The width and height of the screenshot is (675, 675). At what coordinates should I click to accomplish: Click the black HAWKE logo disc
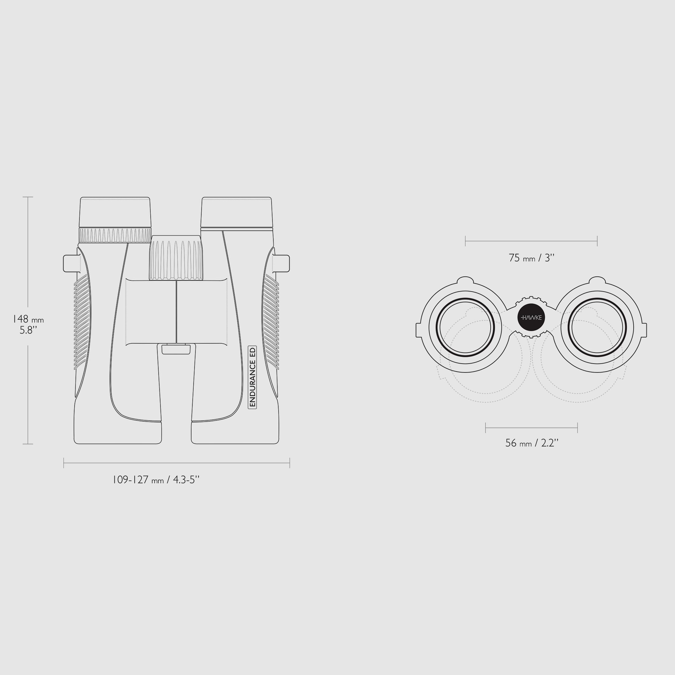point(531,318)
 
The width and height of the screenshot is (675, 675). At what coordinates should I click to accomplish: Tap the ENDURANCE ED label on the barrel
point(253,377)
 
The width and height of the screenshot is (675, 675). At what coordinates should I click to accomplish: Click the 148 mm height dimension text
point(28,325)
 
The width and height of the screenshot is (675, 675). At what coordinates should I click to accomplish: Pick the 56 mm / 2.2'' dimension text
point(532,443)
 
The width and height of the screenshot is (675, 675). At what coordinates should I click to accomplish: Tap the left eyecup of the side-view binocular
point(115,212)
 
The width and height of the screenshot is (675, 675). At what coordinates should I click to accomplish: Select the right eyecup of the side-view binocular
point(237,212)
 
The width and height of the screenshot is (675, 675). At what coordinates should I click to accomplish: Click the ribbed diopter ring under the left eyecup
point(115,235)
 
